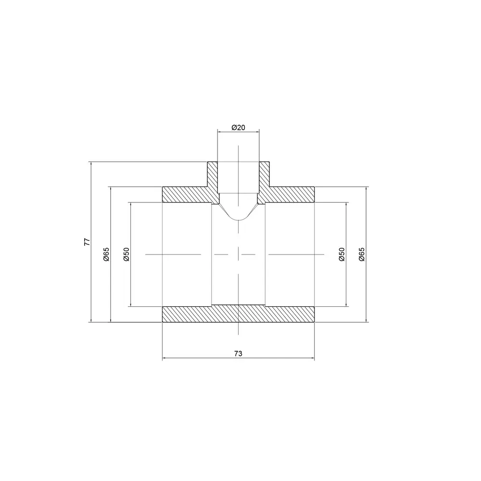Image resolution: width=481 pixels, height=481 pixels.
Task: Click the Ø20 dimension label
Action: pyautogui.click(x=239, y=127)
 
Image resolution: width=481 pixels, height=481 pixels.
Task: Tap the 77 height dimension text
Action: pyautogui.click(x=88, y=242)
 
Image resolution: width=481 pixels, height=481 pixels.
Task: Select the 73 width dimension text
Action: pyautogui.click(x=239, y=354)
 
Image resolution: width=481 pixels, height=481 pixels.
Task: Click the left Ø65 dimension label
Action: pyautogui.click(x=106, y=254)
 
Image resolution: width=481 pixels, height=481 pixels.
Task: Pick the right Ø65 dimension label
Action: pyautogui.click(x=362, y=254)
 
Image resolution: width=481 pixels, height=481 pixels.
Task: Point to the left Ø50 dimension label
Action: pyautogui.click(x=127, y=254)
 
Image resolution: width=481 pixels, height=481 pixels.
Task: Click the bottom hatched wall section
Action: pyautogui.click(x=239, y=314)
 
